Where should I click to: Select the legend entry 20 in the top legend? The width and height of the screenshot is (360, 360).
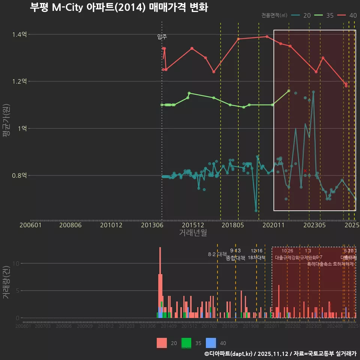click(307, 15)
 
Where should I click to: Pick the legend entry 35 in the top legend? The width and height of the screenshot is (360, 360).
click(330, 15)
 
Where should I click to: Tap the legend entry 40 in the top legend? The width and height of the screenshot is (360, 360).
click(352, 15)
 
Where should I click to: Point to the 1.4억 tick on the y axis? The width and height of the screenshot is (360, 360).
click(19, 34)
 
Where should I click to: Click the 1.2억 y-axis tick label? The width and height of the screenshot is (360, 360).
click(19, 81)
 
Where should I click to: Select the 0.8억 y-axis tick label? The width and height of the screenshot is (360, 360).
click(19, 175)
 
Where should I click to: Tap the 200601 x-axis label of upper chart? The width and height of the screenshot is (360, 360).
click(30, 225)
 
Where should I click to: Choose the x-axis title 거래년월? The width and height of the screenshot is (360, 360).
click(193, 232)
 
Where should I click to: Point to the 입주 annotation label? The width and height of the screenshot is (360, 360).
click(162, 37)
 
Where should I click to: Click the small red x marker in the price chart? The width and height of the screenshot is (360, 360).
click(305, 171)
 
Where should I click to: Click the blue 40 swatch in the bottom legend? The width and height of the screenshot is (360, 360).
click(211, 343)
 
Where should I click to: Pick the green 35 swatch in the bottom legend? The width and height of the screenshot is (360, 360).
click(186, 343)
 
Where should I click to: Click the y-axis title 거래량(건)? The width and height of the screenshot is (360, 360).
click(6, 283)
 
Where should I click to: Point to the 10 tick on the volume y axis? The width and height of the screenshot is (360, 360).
click(16, 263)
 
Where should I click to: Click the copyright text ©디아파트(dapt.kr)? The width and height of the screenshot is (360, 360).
click(229, 354)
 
